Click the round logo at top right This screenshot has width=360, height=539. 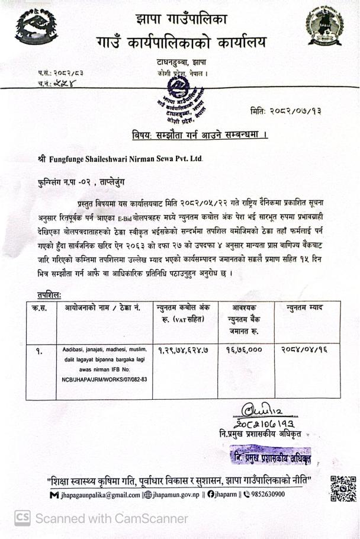[x=324, y=27]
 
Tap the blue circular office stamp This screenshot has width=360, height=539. [x=178, y=94]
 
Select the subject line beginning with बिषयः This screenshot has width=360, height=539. [x=200, y=136]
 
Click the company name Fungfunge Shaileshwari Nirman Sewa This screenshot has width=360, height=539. [x=124, y=159]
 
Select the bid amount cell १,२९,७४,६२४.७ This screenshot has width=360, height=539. [x=184, y=349]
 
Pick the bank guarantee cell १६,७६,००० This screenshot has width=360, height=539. [x=243, y=349]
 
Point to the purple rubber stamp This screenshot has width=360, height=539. [x=271, y=457]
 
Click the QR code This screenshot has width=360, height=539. [x=343, y=489]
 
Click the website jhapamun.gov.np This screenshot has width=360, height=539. [x=173, y=494]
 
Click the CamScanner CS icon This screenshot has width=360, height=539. [x=22, y=518]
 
